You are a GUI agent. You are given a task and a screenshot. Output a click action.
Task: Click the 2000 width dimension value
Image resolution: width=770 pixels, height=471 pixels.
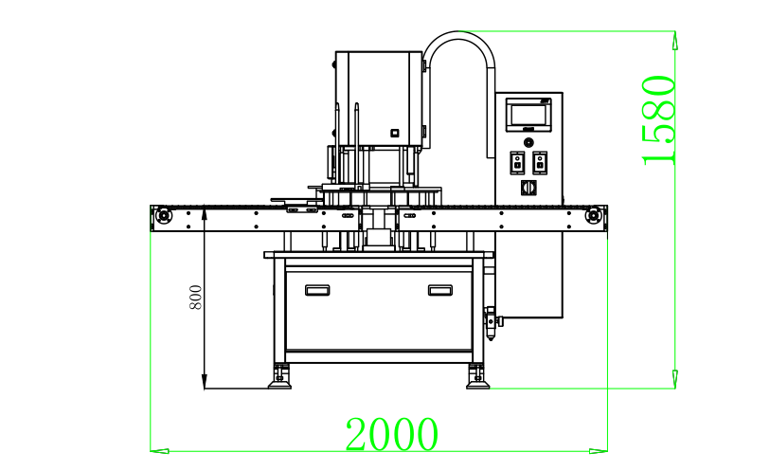[x=391, y=434]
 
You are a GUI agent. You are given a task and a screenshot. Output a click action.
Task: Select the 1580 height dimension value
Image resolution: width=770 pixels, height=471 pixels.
[x=658, y=119]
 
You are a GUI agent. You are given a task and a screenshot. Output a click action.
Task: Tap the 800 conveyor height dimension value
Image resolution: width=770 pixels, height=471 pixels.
[x=195, y=298]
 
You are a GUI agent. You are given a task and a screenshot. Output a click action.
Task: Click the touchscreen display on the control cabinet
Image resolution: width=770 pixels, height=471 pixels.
[x=528, y=115]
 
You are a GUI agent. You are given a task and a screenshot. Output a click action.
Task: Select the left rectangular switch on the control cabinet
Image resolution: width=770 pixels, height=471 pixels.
[x=517, y=162]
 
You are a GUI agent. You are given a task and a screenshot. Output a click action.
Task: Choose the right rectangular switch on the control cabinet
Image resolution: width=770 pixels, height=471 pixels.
[x=540, y=162]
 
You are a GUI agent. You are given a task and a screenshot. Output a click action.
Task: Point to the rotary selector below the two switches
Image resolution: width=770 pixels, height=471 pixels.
[x=528, y=188]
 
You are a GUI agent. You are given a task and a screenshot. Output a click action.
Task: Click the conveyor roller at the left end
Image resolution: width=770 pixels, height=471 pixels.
[x=163, y=216]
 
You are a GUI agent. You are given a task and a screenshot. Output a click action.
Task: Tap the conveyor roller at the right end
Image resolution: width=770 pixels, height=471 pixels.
[x=593, y=216]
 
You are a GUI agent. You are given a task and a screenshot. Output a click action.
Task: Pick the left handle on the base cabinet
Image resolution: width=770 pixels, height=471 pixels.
[x=317, y=290]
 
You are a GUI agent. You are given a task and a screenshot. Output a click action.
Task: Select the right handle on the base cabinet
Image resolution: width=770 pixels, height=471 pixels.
[x=440, y=290]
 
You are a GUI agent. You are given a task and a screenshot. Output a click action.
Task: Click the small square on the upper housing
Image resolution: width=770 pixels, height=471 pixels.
[x=394, y=133]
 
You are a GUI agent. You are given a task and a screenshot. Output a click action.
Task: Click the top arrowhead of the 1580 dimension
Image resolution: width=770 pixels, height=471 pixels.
[x=675, y=40]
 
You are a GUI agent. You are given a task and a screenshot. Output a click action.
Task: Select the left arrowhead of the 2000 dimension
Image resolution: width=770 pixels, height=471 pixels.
[x=160, y=450]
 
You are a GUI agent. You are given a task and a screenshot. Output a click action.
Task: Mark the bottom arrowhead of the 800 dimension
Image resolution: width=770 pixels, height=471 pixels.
[x=205, y=381]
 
